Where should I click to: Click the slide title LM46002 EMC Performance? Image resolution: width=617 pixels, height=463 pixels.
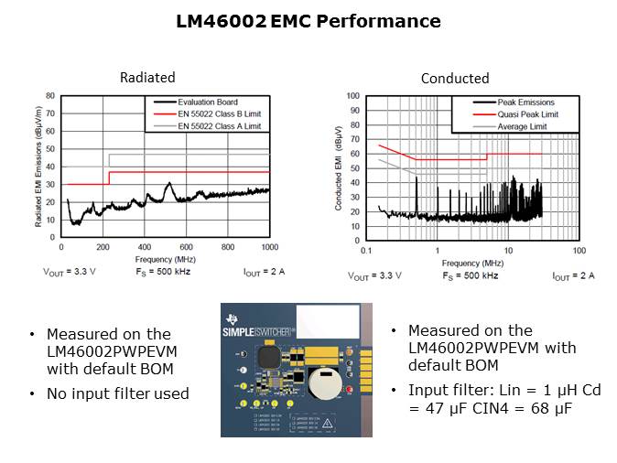pos(308,21)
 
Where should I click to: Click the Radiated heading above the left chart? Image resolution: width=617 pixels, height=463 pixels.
pos(147,78)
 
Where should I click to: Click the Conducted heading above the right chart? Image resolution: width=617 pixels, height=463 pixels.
pos(455,79)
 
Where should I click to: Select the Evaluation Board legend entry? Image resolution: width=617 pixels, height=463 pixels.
pos(210,102)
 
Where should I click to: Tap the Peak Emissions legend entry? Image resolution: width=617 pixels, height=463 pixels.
pos(525,102)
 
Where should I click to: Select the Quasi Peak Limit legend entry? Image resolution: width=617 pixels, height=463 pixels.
pos(528,114)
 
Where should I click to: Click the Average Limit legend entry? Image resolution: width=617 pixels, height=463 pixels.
pos(522,126)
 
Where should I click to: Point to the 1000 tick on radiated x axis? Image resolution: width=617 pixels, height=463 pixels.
pos(269,248)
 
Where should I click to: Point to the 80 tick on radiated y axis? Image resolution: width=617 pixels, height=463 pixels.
pos(51,95)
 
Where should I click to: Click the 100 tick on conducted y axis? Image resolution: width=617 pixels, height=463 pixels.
pos(352,95)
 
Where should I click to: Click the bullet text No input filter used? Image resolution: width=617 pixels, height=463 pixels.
pos(118,393)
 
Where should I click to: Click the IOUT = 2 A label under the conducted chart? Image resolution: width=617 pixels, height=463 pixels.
pos(573,275)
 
